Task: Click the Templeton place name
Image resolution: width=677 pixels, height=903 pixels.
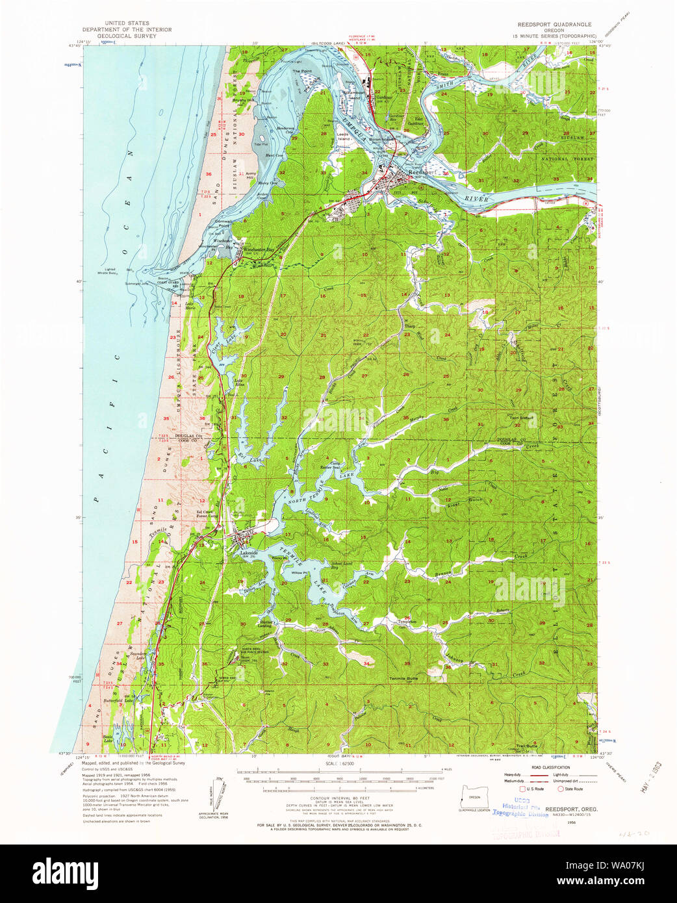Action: pyautogui.click(x=407, y=622)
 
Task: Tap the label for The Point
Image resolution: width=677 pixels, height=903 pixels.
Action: pyautogui.click(x=301, y=71)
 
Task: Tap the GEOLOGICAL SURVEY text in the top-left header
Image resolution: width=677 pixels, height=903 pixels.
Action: pyautogui.click(x=127, y=36)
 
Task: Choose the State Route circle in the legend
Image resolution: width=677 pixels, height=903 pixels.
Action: pyautogui.click(x=561, y=789)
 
